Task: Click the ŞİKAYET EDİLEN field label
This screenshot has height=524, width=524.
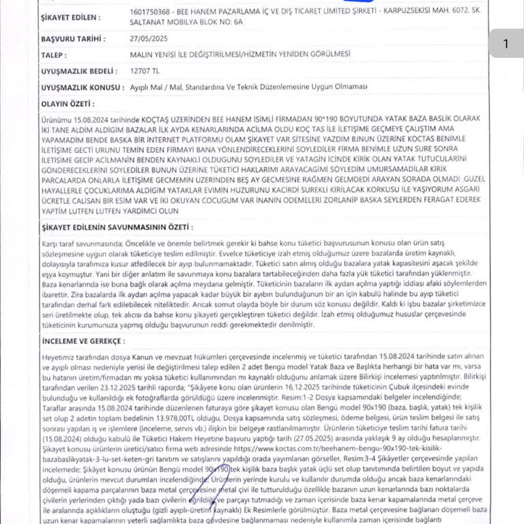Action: click(x=70, y=17)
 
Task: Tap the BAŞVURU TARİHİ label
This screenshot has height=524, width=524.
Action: click(x=71, y=39)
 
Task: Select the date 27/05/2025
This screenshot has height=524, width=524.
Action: click(x=147, y=39)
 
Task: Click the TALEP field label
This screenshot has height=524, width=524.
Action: click(x=54, y=55)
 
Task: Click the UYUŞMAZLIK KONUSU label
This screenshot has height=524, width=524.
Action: click(x=81, y=87)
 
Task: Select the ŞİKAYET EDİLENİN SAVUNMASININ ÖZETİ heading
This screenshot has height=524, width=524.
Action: click(x=117, y=227)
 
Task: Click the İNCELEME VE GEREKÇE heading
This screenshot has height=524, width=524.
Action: click(x=81, y=339)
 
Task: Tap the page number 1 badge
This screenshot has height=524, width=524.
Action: click(x=506, y=44)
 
